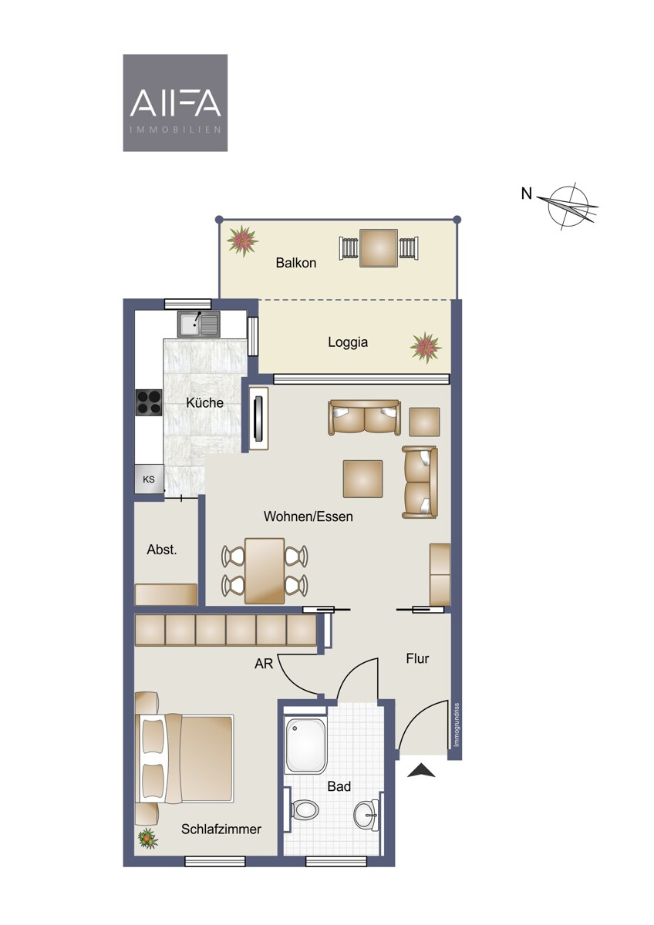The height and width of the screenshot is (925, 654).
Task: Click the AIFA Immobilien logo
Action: pyautogui.click(x=175, y=103)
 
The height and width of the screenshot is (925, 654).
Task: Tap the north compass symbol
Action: pyautogui.click(x=568, y=205)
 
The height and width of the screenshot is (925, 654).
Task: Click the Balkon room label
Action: pyautogui.click(x=296, y=263)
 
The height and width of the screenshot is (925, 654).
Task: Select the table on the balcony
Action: pyautogui.click(x=379, y=248)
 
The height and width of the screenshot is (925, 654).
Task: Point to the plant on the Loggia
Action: pyautogui.click(x=426, y=347)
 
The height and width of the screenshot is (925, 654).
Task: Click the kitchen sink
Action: pyautogui.click(x=199, y=324)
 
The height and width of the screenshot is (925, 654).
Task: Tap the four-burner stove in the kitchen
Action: pyautogui.click(x=149, y=402)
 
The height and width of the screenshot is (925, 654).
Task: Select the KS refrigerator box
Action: pyautogui.click(x=149, y=479)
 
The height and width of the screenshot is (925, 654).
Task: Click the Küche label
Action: pyautogui.click(x=204, y=402)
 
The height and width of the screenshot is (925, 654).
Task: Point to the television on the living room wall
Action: pyautogui.click(x=259, y=419)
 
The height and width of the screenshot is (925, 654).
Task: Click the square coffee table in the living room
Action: pyautogui.click(x=362, y=479)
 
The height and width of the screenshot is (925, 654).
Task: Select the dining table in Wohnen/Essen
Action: pyautogui.click(x=265, y=570)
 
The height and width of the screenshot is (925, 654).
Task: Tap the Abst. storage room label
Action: pyautogui.click(x=161, y=550)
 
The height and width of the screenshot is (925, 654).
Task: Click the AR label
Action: pyautogui.click(x=264, y=664)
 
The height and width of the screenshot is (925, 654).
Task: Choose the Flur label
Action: pyautogui.click(x=417, y=658)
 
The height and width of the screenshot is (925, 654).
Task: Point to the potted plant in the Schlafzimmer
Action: pyautogui.click(x=147, y=838)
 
